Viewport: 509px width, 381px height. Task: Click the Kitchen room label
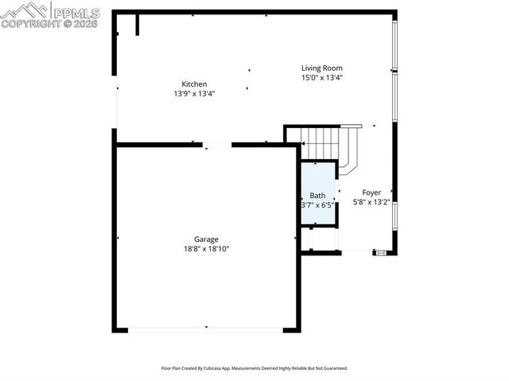click(194, 84)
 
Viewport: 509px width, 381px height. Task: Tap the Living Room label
click(321, 68)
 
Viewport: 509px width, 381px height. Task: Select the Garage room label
click(206, 239)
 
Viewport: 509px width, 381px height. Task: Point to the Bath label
click(317, 195)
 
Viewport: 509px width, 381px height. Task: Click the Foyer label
click(371, 192)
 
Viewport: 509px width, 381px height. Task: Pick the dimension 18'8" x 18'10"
click(206, 248)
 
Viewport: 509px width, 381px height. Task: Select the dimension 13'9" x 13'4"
click(194, 93)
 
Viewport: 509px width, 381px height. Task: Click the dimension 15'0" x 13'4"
click(321, 77)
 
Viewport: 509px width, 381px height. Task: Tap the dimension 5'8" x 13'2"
click(371, 202)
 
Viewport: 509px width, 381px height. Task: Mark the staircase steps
click(322, 144)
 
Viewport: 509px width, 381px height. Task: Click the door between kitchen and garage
click(216, 144)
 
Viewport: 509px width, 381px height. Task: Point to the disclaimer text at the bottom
click(254, 369)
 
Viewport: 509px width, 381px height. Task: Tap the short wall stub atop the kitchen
click(137, 25)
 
